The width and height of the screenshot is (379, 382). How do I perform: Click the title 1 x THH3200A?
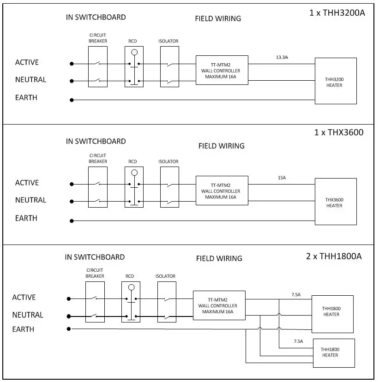click(x=337, y=12)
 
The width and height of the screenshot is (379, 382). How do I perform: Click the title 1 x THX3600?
click(x=339, y=132)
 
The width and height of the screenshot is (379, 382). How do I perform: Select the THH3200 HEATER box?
click(x=335, y=81)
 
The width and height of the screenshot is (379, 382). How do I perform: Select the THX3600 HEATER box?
click(x=335, y=202)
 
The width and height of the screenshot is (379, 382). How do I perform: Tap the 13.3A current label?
click(x=283, y=57)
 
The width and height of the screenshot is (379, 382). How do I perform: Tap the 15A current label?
click(x=282, y=177)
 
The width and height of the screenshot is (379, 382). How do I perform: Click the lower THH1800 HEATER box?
click(x=333, y=352)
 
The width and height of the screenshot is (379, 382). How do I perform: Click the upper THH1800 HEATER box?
click(x=332, y=311)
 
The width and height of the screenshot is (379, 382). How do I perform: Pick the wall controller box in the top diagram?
click(x=222, y=70)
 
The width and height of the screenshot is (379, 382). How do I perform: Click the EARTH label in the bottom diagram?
click(x=24, y=329)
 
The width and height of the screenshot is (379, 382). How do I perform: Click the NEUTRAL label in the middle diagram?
click(x=30, y=200)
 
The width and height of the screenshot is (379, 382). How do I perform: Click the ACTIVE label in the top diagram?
click(x=27, y=62)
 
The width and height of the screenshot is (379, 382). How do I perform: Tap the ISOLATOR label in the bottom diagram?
click(x=165, y=276)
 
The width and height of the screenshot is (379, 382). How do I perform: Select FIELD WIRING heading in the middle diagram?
click(x=221, y=146)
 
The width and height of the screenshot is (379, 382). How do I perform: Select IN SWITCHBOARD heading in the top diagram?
click(x=96, y=18)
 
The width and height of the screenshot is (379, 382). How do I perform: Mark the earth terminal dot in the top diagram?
click(x=72, y=100)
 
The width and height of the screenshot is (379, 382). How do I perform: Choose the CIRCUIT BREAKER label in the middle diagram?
click(x=97, y=158)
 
